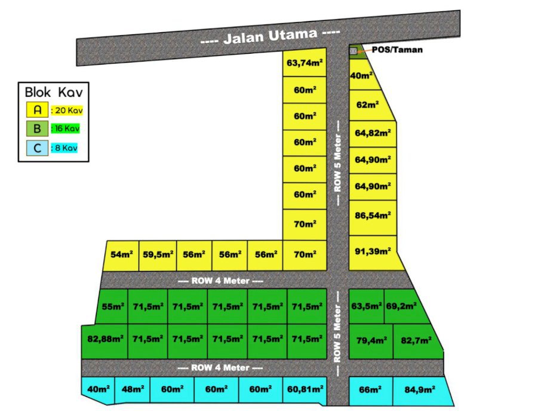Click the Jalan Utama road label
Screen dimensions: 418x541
[269, 37]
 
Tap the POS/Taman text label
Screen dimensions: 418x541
[397, 50]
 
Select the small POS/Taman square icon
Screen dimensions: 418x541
[354, 51]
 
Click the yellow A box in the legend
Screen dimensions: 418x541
[37, 110]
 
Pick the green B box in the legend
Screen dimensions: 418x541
[37, 128]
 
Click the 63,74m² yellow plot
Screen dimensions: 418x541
[305, 63]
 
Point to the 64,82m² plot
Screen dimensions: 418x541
[373, 133]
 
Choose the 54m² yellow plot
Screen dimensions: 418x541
[122, 256]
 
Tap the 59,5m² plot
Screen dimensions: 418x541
[158, 256]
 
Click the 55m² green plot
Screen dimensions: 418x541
[113, 307]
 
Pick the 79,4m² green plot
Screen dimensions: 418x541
[371, 341]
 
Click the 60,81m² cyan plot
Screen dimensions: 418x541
[305, 389]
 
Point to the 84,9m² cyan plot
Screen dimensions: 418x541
[419, 391]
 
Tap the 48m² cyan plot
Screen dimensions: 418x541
[132, 389]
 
